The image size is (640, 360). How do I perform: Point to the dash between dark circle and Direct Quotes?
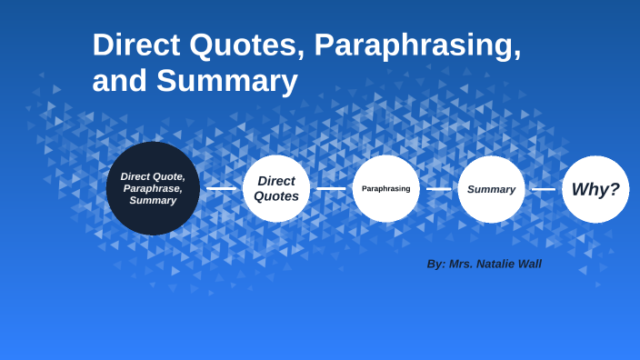tap(221, 189)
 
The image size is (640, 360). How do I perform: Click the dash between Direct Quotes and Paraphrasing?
tap(331, 189)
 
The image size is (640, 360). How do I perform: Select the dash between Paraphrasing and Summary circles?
tap(439, 189)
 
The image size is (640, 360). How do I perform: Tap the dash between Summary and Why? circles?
tap(544, 189)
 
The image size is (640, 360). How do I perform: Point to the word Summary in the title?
tap(227, 82)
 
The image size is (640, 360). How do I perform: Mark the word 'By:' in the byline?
tap(436, 264)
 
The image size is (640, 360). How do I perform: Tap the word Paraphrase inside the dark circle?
tap(153, 188)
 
